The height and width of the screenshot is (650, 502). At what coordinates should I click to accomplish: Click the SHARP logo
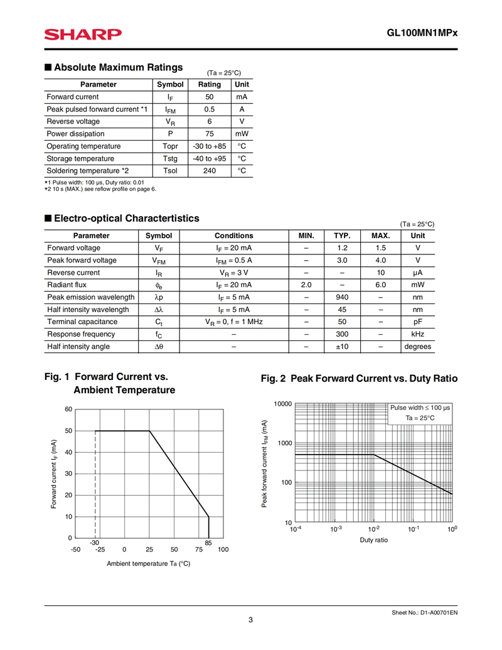(83, 35)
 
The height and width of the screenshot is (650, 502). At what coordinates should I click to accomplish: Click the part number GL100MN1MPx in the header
(422, 35)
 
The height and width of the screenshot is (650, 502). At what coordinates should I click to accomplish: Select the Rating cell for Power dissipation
(209, 134)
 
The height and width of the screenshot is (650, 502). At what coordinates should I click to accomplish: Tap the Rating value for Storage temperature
(209, 158)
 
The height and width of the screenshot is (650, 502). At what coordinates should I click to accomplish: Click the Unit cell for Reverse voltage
(242, 121)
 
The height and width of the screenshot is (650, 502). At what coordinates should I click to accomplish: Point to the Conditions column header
(233, 236)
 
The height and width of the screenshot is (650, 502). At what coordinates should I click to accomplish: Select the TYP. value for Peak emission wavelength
(341, 297)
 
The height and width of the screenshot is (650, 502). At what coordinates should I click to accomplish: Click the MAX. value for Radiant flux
(380, 284)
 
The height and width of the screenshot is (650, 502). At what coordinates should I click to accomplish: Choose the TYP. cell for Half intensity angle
(341, 347)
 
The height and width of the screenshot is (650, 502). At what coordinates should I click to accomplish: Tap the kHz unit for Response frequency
(417, 334)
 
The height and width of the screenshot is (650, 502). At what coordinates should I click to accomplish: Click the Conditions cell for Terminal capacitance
(233, 322)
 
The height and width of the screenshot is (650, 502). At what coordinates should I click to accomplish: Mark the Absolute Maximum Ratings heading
(119, 67)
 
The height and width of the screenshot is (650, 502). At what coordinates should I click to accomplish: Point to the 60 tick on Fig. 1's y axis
(69, 409)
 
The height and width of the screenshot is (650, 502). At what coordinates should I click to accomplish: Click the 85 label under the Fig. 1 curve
(208, 542)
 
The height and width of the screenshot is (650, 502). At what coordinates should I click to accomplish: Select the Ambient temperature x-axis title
(148, 564)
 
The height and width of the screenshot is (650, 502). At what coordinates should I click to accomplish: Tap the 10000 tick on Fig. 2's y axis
(284, 403)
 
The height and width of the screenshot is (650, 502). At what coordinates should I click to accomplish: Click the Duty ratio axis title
(373, 540)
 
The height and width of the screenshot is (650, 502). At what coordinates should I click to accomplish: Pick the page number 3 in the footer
(250, 620)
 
